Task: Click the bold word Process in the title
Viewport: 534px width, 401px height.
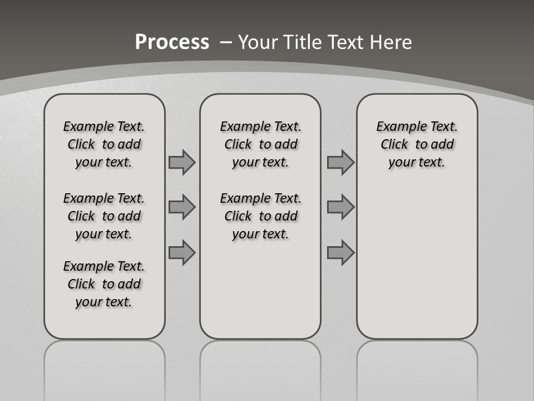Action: (172, 42)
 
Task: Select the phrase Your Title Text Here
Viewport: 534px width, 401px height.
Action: (325, 42)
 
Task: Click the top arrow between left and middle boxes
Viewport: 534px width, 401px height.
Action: (182, 163)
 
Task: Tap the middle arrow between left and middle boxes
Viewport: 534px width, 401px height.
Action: (182, 208)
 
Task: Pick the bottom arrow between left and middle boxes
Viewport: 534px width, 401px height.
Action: (182, 253)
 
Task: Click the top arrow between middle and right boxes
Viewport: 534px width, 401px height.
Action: (340, 163)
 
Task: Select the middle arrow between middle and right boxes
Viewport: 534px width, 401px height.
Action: (340, 208)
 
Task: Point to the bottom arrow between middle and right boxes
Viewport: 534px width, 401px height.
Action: (340, 253)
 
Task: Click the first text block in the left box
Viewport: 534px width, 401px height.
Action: (104, 144)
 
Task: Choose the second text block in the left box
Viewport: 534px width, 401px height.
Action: (104, 216)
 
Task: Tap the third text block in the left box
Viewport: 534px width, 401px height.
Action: (104, 284)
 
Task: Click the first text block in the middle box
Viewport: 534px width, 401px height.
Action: (260, 144)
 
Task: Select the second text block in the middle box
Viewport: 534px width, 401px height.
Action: (260, 216)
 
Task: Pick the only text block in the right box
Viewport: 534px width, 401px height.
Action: (417, 144)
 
